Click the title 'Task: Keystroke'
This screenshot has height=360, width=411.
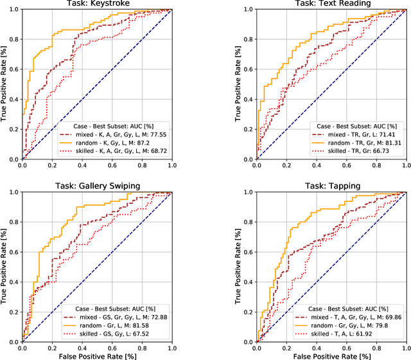[97, 4]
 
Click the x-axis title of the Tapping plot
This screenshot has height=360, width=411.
[332, 355]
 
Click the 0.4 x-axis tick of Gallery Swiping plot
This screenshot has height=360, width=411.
[82, 346]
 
